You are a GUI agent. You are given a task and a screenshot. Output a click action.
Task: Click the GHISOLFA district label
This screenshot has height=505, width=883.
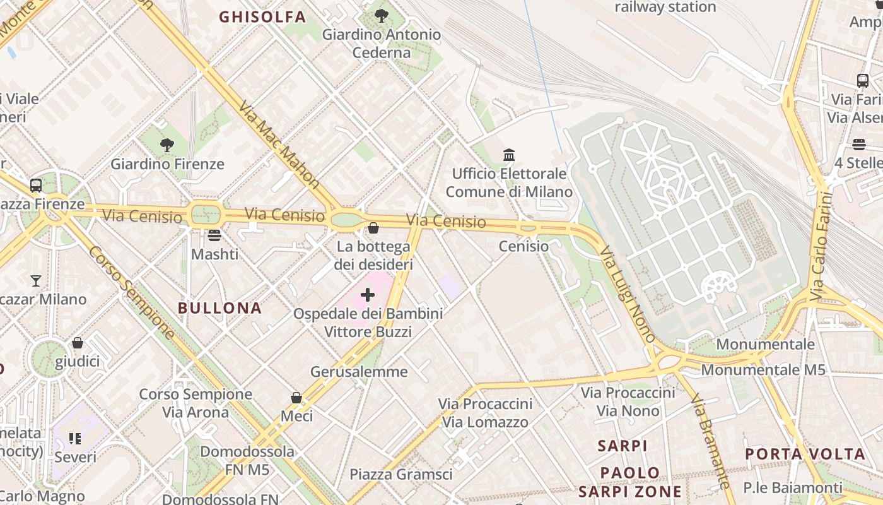[x=262, y=17]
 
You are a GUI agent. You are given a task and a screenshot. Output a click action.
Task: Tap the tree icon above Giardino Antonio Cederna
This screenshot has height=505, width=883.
[x=381, y=15]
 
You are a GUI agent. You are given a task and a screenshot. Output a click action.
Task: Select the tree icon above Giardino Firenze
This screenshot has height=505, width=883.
[x=167, y=145]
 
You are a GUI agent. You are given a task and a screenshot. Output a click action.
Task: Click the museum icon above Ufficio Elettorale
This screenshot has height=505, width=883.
[x=509, y=155]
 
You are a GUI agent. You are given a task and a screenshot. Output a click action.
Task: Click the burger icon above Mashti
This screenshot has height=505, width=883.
[x=214, y=235]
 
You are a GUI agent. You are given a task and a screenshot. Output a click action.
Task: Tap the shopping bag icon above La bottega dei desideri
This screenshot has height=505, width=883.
[x=373, y=228]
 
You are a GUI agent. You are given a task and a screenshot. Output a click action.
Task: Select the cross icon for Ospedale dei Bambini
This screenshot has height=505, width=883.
[x=368, y=295]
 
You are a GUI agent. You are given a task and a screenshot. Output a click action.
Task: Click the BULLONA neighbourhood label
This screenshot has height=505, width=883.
[x=219, y=308]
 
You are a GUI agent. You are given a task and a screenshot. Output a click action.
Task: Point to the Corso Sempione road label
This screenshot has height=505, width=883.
[x=131, y=291]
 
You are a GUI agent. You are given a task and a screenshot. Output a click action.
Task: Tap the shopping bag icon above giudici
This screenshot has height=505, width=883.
[x=78, y=343]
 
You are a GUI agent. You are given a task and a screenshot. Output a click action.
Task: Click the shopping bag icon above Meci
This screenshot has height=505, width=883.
[x=296, y=398]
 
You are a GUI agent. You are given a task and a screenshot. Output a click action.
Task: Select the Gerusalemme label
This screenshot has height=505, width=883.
[x=359, y=372]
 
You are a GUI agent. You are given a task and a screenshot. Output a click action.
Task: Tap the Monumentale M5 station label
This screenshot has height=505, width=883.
[x=763, y=370]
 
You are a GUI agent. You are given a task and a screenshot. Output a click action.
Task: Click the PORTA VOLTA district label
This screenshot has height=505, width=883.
[x=805, y=454]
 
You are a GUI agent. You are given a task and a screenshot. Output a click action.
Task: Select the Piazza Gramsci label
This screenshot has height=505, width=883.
[x=401, y=474]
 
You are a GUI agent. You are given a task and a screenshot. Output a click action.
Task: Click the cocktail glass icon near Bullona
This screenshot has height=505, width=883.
[x=36, y=280]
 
